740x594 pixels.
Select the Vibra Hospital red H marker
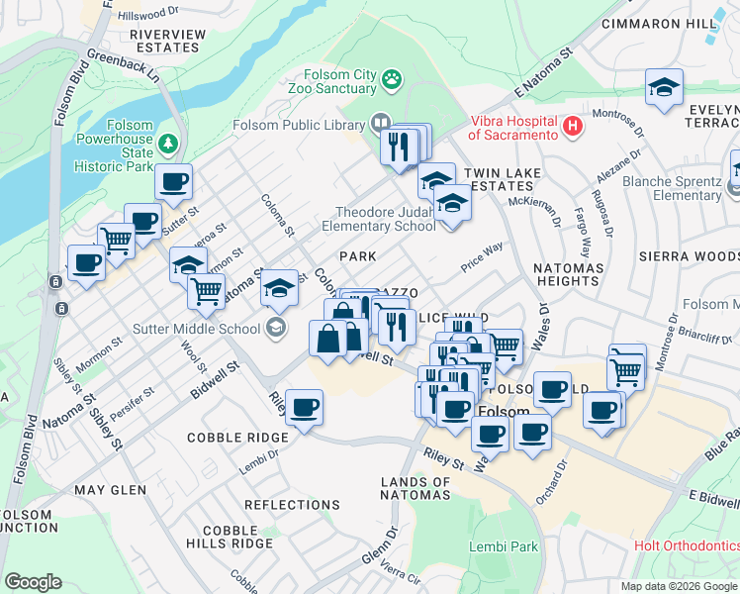pyautogui.click(x=571, y=126)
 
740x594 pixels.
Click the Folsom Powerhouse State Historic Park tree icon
pyautogui.click(x=169, y=146)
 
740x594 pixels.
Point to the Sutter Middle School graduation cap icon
pyautogui.click(x=276, y=327)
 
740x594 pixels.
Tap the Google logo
pyautogui.click(x=33, y=582)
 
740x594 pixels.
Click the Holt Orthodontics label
pyautogui.click(x=687, y=545)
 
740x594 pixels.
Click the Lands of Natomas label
pyautogui.click(x=416, y=488)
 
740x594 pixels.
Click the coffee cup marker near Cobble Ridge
pyautogui.click(x=304, y=407)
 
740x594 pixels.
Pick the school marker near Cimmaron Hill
pyautogui.click(x=664, y=87)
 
